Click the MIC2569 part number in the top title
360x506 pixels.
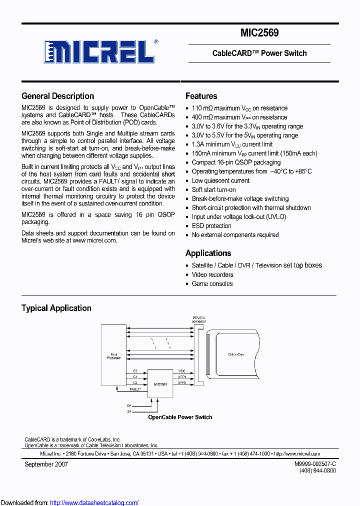(259, 33)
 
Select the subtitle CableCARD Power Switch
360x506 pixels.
(259, 53)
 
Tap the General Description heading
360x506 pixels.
(57, 96)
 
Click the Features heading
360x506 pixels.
(201, 96)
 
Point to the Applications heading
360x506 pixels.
(208, 253)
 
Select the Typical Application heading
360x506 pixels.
(56, 308)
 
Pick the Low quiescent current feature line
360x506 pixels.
(220, 180)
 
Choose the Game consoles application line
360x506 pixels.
(212, 283)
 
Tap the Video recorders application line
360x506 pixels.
(212, 274)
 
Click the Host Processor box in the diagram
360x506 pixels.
(113, 355)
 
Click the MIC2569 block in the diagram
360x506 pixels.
(160, 384)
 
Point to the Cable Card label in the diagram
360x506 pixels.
(236, 354)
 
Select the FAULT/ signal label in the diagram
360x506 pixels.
(135, 388)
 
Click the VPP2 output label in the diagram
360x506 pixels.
(181, 382)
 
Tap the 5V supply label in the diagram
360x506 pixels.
(128, 405)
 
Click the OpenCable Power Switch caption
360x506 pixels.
(180, 417)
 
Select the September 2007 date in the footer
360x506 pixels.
(46, 464)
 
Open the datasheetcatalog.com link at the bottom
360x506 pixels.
(94, 502)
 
